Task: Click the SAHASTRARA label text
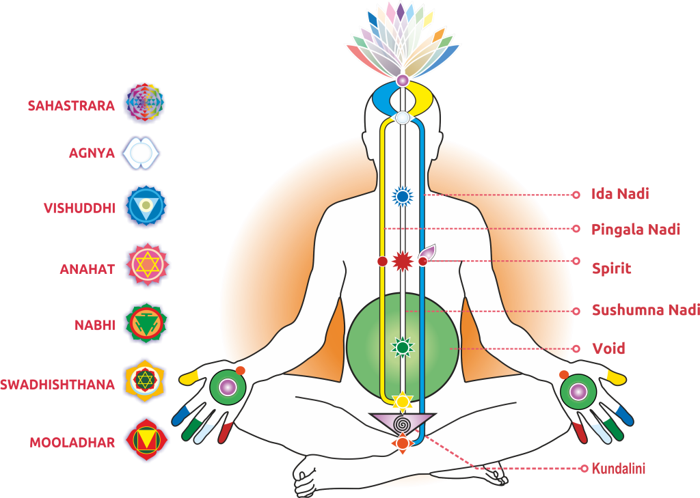click(71, 106)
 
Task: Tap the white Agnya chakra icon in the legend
click(141, 153)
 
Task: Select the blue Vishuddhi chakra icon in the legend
click(146, 206)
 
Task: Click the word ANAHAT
click(87, 269)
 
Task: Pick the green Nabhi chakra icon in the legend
click(146, 324)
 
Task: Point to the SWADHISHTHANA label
click(57, 385)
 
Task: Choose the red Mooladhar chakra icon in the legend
click(146, 440)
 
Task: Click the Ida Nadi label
click(620, 194)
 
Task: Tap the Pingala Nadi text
click(636, 230)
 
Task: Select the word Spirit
click(612, 268)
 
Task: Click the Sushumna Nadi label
click(645, 309)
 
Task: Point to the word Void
click(608, 348)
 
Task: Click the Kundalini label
click(618, 469)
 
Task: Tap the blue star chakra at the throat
click(402, 196)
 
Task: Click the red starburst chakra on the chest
click(402, 261)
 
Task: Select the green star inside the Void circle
click(403, 347)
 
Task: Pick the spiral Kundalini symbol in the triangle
click(402, 422)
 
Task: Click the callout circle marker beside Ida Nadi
click(576, 195)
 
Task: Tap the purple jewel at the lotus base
click(403, 81)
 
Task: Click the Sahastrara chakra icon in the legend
click(144, 102)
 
